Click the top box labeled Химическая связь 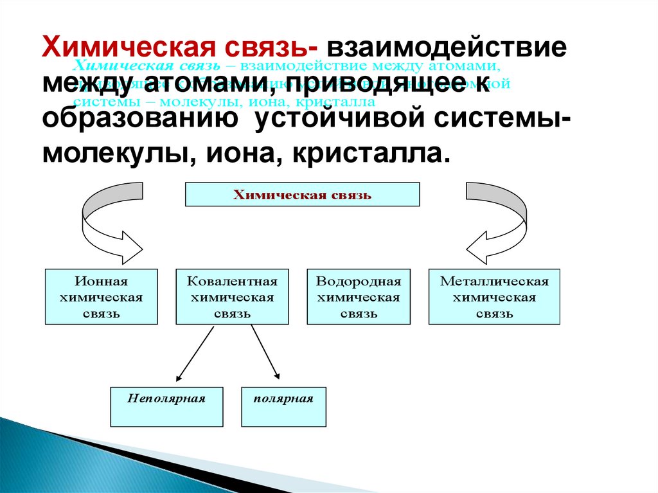pyautogui.click(x=302, y=195)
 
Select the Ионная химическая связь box pyautogui.click(x=102, y=297)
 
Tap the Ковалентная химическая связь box pyautogui.click(x=232, y=297)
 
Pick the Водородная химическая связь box pyautogui.click(x=359, y=297)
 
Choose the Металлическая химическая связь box pyautogui.click(x=494, y=297)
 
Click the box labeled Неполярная pyautogui.click(x=166, y=406)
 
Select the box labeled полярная pyautogui.click(x=283, y=406)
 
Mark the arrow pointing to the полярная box pyautogui.click(x=265, y=353)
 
